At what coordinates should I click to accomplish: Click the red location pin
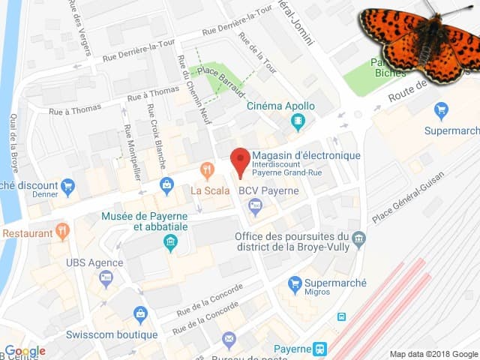click(x=239, y=161)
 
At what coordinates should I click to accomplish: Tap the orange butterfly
click(x=421, y=40)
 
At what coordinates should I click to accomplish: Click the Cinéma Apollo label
click(x=280, y=106)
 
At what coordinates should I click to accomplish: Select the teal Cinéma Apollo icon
click(x=299, y=121)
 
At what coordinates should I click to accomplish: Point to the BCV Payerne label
click(x=268, y=190)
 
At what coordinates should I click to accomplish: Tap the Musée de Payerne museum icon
click(x=170, y=242)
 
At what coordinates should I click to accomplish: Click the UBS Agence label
click(x=94, y=262)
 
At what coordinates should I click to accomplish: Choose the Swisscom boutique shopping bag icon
click(x=140, y=313)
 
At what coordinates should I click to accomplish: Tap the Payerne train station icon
click(x=320, y=349)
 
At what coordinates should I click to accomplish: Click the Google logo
click(x=25, y=351)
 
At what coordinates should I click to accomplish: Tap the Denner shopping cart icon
click(x=68, y=185)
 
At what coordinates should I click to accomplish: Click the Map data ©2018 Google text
click(x=433, y=354)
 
